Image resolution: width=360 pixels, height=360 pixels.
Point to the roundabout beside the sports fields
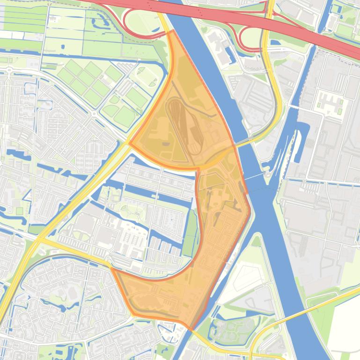pyautogui.click(x=94, y=113)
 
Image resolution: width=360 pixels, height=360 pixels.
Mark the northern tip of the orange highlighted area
pyautogui.click(x=173, y=31)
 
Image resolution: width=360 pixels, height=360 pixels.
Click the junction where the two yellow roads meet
pyautogui.click(x=39, y=239)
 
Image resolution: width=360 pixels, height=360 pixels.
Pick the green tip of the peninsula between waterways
pyautogui.click(x=256, y=241)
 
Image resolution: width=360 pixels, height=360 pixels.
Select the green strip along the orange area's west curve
pyautogui.click(x=190, y=234)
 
